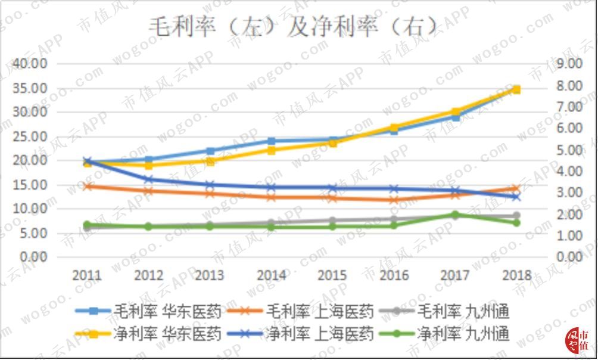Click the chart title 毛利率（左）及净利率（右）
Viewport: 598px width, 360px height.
[292, 27]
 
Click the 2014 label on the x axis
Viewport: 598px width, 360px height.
[271, 275]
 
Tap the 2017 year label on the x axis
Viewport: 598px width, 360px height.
[455, 275]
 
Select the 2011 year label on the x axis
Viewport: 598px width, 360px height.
[87, 275]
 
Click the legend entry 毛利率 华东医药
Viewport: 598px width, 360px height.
[149, 311]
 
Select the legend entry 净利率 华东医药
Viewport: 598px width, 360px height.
[149, 333]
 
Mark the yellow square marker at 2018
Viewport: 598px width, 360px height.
[516, 89]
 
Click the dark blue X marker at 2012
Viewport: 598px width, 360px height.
[149, 179]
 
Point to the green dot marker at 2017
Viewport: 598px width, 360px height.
[455, 215]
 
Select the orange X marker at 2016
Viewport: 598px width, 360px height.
[394, 200]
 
